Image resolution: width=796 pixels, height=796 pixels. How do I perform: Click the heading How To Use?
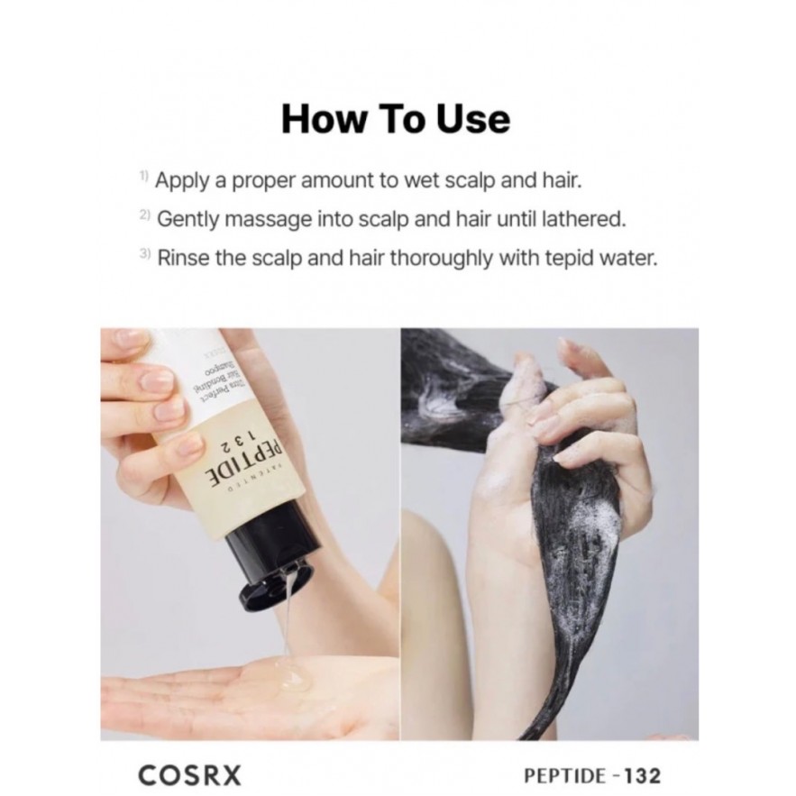[396, 120]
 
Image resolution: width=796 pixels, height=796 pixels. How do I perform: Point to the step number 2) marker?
[145, 217]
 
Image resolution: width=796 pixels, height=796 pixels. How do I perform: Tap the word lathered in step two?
[587, 219]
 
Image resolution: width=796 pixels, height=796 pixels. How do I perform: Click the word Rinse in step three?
[184, 258]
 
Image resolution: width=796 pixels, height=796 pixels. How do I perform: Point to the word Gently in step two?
[187, 220]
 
